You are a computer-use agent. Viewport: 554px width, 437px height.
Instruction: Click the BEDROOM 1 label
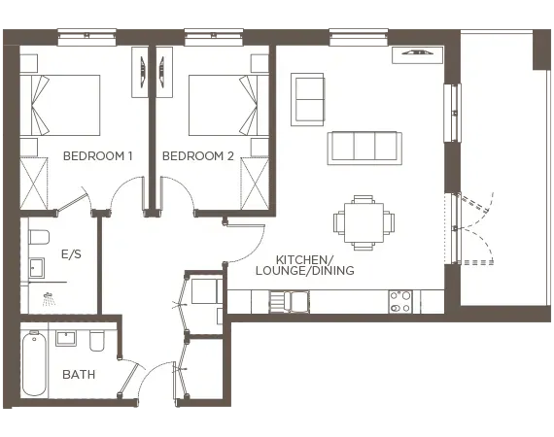coord(97,155)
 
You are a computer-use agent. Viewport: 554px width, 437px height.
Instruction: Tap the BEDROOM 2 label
coord(198,155)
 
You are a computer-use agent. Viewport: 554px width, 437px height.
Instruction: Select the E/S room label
coord(71,254)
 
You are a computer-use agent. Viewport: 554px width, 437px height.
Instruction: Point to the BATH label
coord(78,374)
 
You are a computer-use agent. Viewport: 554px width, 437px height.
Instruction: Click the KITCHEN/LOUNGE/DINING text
coord(315,265)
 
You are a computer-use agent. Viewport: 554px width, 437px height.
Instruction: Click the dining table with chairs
coord(364,221)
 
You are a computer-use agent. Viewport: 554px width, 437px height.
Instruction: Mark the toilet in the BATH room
coord(97,342)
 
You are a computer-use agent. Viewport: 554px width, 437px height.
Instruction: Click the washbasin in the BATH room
coord(67,338)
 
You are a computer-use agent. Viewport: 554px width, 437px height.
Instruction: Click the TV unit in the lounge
coord(415,54)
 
